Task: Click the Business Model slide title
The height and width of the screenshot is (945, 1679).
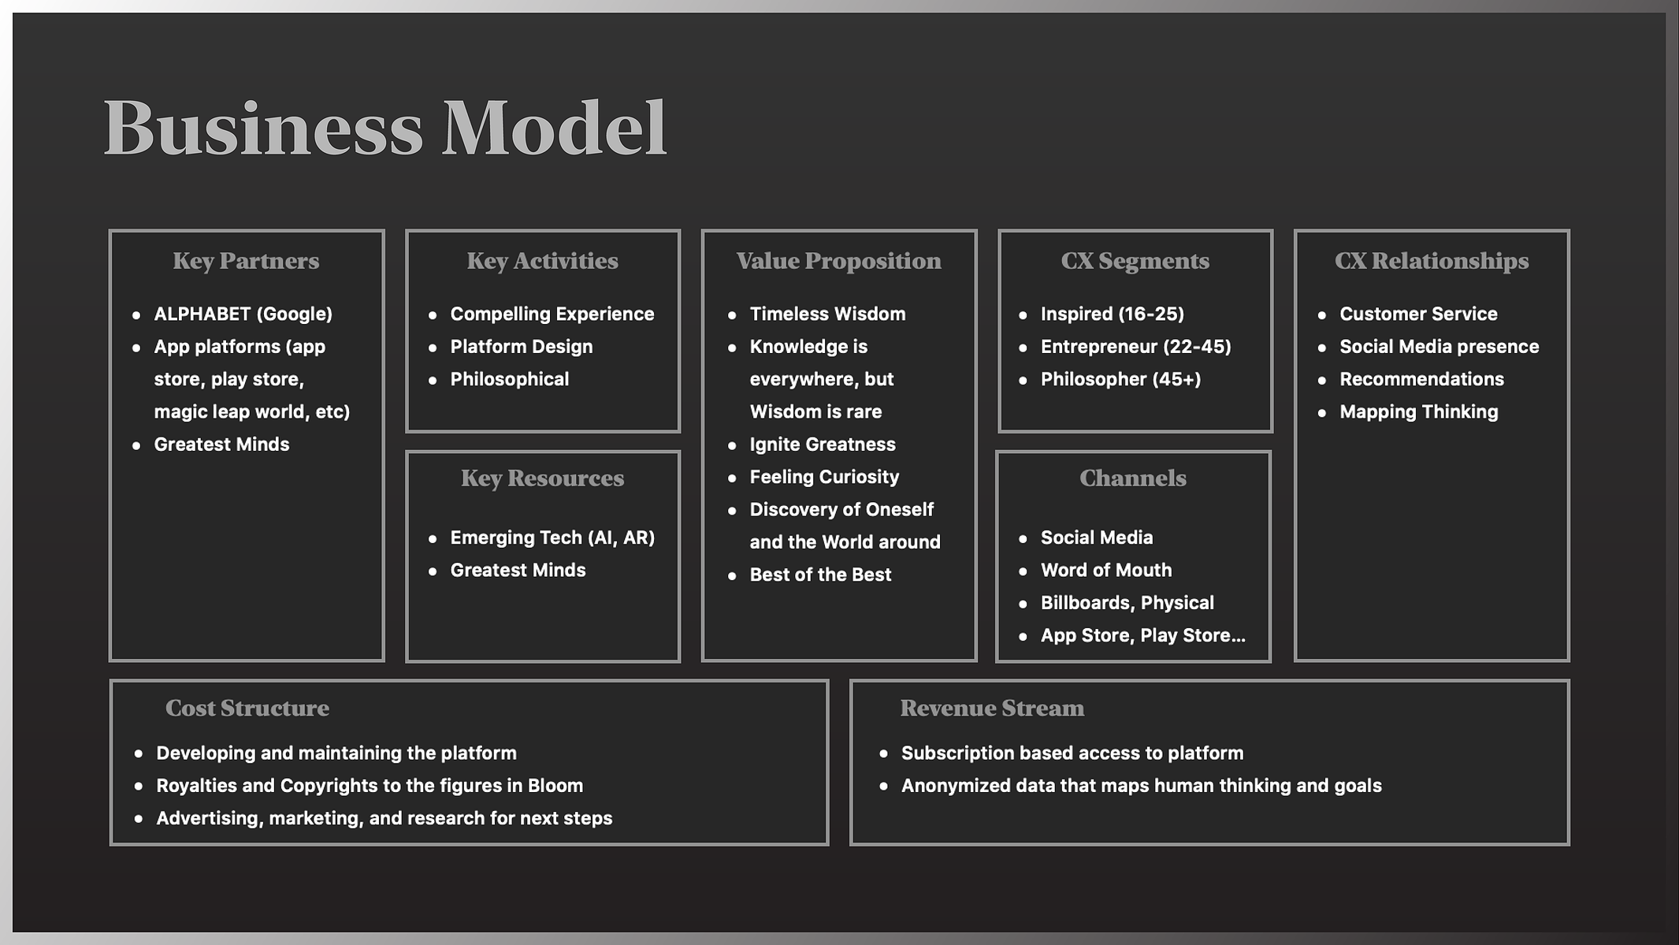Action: coord(385,128)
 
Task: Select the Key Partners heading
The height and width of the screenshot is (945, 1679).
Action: coord(246,261)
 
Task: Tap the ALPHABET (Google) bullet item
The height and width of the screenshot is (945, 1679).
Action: coord(243,314)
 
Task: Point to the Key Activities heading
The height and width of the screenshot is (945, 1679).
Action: coord(542,261)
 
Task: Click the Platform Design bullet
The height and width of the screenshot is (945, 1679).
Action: coord(521,347)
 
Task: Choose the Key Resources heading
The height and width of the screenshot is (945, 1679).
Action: coord(542,478)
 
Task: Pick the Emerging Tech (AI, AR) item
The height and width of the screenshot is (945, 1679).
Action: coord(552,538)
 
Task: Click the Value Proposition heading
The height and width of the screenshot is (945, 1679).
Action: coord(838,261)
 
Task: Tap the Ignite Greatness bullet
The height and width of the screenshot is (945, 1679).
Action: coord(823,445)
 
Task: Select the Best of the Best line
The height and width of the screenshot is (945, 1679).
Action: coord(820,575)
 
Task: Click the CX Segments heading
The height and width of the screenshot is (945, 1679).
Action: coord(1135,261)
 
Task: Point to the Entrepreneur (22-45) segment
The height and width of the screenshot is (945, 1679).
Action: coord(1135,347)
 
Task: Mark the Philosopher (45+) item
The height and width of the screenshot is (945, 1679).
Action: coord(1120,379)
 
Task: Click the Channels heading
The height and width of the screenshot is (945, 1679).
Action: coord(1132,478)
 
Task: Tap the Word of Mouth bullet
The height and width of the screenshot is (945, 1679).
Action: coord(1106,570)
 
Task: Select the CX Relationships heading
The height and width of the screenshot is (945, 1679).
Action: coord(1432,261)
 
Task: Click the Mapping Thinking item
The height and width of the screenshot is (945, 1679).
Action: coord(1419,411)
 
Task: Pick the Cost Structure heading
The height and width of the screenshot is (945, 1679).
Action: coord(247,708)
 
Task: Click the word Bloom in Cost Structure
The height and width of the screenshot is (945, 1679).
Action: coord(555,786)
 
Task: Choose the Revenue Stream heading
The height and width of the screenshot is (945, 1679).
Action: coord(992,708)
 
